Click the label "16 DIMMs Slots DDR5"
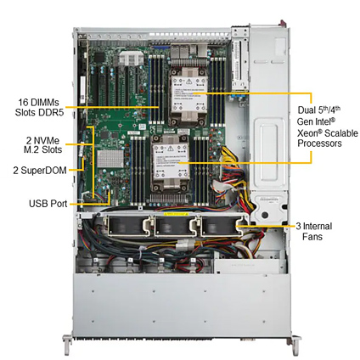[x=39, y=107]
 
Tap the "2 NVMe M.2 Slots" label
[x=42, y=144]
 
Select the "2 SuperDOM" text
[x=40, y=171]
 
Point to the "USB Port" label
[x=48, y=204]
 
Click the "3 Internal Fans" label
[x=313, y=231]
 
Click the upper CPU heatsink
[x=189, y=97]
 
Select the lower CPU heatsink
[x=171, y=165]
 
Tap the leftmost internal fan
[x=128, y=226]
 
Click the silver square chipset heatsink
[x=111, y=159]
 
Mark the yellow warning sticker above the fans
[x=176, y=214]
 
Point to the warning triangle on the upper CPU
[x=189, y=82]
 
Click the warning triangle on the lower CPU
[x=170, y=149]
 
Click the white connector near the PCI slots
[x=131, y=59]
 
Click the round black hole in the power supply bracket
[x=265, y=215]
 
